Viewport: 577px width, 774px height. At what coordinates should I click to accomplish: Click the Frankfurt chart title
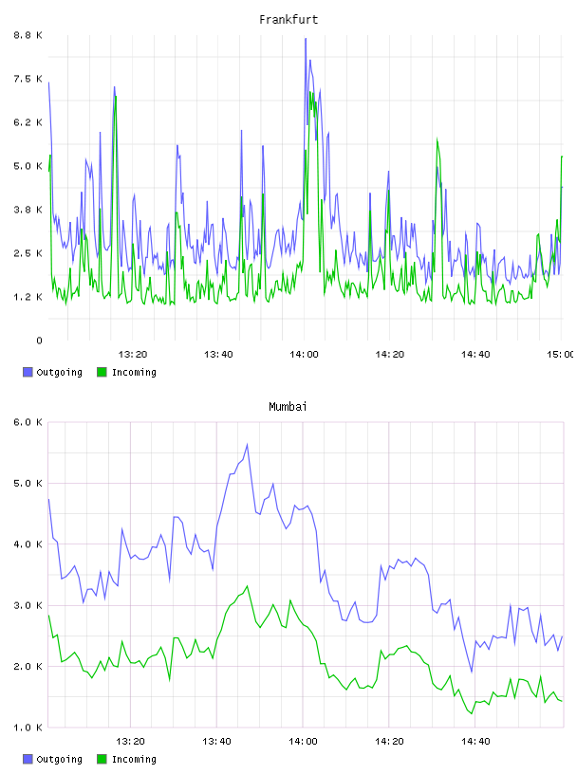(x=288, y=20)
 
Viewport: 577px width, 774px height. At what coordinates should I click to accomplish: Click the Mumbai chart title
(x=288, y=407)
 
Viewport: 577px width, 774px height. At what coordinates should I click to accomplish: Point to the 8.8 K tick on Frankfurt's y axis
(x=28, y=35)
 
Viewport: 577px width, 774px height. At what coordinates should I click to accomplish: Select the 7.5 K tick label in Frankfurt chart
(x=28, y=79)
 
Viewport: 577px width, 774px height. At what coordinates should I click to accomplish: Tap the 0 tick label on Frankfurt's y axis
(x=39, y=341)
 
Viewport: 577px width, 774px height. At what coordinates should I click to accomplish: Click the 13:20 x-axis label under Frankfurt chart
(x=133, y=355)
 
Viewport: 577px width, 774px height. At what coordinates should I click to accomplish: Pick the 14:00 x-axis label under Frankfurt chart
(x=304, y=355)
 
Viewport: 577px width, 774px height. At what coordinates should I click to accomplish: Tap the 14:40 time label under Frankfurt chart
(x=475, y=355)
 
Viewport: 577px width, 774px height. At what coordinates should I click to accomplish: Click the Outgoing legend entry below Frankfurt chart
(x=52, y=372)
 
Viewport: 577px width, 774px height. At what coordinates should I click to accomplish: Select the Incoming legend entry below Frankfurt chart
(x=126, y=372)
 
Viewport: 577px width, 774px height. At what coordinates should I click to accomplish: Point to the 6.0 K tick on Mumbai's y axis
(x=28, y=422)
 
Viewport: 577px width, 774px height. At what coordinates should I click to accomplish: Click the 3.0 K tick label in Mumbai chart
(x=28, y=606)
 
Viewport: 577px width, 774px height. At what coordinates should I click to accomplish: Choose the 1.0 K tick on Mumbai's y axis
(x=28, y=728)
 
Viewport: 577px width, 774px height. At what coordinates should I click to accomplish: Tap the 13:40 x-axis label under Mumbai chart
(x=216, y=742)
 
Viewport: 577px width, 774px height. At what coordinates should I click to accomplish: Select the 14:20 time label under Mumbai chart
(x=389, y=742)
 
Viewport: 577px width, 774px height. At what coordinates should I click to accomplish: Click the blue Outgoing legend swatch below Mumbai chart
(x=28, y=759)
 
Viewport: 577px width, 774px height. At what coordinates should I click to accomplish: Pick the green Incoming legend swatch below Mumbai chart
(x=102, y=759)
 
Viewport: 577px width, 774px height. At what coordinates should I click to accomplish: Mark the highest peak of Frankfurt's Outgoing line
(x=306, y=39)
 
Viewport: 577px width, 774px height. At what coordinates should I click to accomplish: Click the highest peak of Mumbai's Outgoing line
(x=247, y=444)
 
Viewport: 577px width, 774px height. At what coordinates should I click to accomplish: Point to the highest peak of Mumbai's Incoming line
(x=247, y=586)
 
